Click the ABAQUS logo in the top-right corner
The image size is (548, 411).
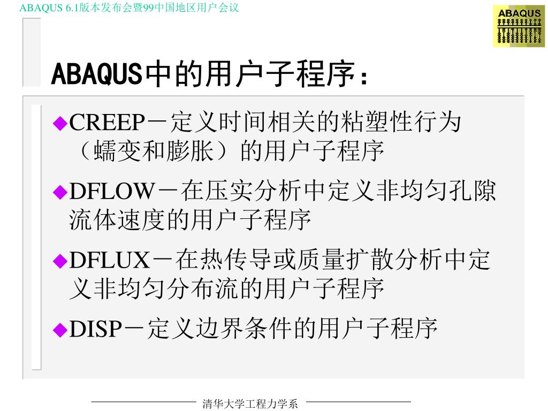click(x=519, y=27)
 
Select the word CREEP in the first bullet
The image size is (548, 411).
click(x=107, y=124)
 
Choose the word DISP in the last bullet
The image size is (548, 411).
click(x=96, y=329)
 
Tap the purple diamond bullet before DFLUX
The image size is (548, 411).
click(x=60, y=261)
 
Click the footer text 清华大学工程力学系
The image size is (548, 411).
click(x=250, y=404)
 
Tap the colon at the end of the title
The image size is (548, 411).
click(x=364, y=78)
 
